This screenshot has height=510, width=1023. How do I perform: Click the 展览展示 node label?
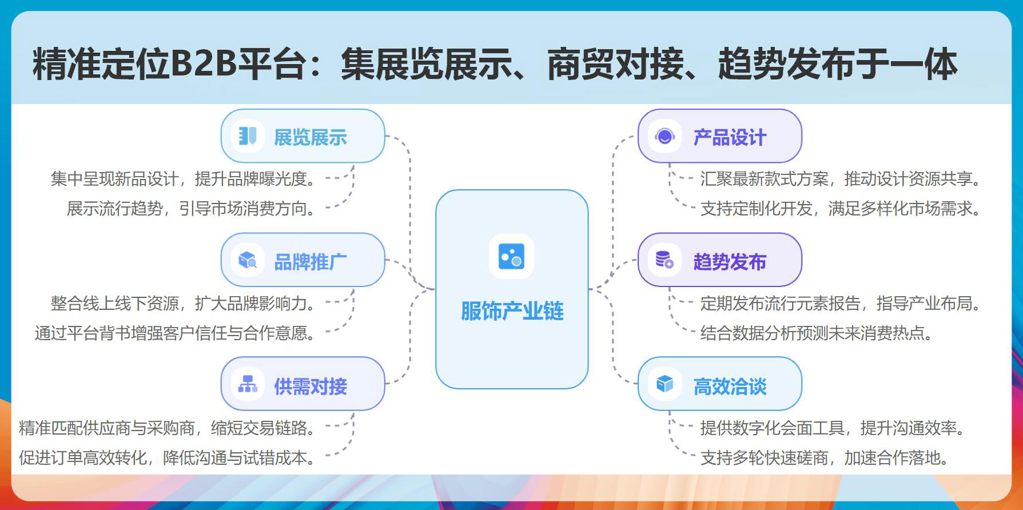(310, 137)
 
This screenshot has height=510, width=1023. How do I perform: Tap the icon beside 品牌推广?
(248, 260)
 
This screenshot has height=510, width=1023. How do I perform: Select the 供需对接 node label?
(310, 387)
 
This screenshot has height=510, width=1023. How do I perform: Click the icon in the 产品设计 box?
(664, 137)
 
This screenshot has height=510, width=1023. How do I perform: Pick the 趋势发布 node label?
(729, 262)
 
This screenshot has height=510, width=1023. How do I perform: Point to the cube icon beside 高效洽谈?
(664, 384)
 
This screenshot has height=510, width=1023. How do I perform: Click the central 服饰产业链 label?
(512, 311)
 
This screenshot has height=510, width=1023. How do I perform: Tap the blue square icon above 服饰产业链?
(511, 256)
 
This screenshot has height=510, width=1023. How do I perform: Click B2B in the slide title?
(204, 63)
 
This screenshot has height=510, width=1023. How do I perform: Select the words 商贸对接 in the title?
(615, 63)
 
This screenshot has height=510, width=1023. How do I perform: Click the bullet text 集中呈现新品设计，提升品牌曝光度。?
(183, 179)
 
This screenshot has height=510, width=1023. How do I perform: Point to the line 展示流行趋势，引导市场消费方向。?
(191, 209)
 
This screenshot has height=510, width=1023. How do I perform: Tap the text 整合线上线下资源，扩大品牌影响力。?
(183, 303)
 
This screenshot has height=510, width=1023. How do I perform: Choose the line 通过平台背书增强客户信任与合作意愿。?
(175, 333)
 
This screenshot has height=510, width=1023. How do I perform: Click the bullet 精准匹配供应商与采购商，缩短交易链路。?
(167, 428)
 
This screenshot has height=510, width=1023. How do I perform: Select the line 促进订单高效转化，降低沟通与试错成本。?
(167, 457)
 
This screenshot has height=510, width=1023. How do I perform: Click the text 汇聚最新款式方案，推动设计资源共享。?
(840, 179)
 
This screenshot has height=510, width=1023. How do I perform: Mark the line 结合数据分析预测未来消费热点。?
(816, 333)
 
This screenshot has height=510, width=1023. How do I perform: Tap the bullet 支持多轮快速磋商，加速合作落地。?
(824, 457)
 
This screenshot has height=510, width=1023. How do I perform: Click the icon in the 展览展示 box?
(248, 136)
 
